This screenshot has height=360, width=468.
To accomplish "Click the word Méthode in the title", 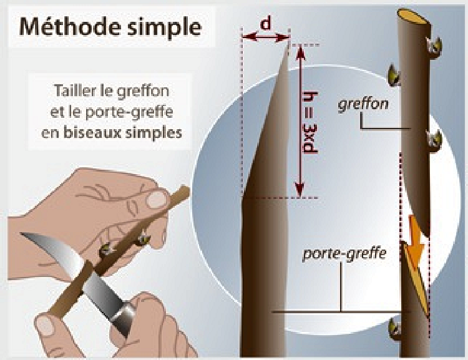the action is point(71,27).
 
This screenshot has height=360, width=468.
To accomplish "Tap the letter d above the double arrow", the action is point(265,24).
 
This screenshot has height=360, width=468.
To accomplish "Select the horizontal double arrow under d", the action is point(265,37).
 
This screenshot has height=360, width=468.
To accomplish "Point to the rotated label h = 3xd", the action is point(310,123).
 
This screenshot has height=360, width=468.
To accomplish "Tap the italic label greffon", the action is point(363,104).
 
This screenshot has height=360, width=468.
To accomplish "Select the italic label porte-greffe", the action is point(344,255).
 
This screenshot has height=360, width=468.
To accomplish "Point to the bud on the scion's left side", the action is point(394,76).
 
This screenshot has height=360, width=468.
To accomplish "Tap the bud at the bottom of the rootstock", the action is point(395,329).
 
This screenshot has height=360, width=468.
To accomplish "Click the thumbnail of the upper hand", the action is point(157,200).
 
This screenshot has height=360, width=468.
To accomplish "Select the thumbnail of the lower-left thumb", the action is point(46,326).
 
